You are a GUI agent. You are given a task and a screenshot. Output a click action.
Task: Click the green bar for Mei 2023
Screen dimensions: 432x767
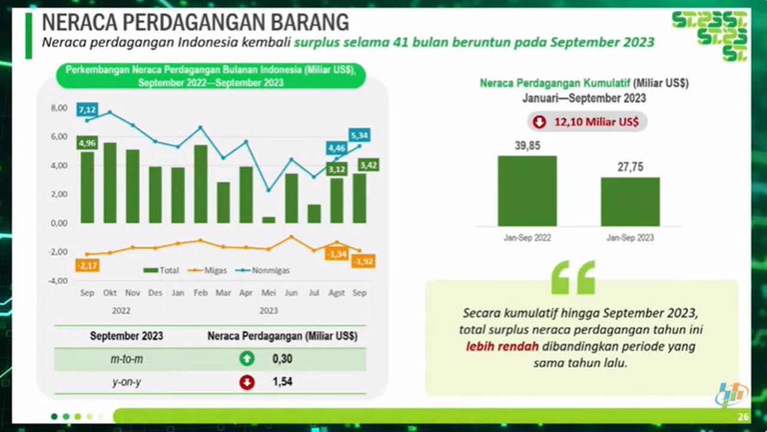coord(268,220)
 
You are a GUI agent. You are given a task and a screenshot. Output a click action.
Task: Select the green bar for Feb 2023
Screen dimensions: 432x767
coord(201,184)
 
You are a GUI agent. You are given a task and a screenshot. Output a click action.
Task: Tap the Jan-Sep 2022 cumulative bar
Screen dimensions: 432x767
coord(527,191)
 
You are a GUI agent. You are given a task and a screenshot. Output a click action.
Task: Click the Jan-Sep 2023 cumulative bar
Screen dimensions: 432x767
coord(630,202)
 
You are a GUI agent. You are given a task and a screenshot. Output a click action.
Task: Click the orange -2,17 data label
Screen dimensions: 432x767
coord(87,265)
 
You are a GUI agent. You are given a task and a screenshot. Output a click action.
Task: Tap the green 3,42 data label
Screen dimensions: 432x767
coord(368,165)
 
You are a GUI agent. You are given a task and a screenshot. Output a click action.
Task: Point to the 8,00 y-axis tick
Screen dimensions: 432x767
coord(59,108)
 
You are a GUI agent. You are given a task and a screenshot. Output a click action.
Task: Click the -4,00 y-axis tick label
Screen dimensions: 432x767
coord(59,281)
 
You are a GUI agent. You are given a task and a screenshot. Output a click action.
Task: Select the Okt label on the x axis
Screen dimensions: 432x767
coord(110,293)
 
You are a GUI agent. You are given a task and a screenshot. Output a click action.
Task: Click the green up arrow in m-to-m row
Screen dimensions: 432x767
coord(247,359)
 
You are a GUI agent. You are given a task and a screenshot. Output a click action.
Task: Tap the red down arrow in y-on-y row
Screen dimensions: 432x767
coord(247,382)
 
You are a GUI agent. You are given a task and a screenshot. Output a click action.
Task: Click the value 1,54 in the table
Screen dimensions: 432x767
coord(282,382)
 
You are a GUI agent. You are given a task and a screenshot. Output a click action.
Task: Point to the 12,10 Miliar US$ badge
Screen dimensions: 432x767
coord(587,122)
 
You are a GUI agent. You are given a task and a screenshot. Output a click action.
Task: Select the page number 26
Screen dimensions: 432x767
coord(744,418)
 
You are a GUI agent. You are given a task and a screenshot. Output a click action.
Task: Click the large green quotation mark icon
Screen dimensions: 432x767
coord(573,277)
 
